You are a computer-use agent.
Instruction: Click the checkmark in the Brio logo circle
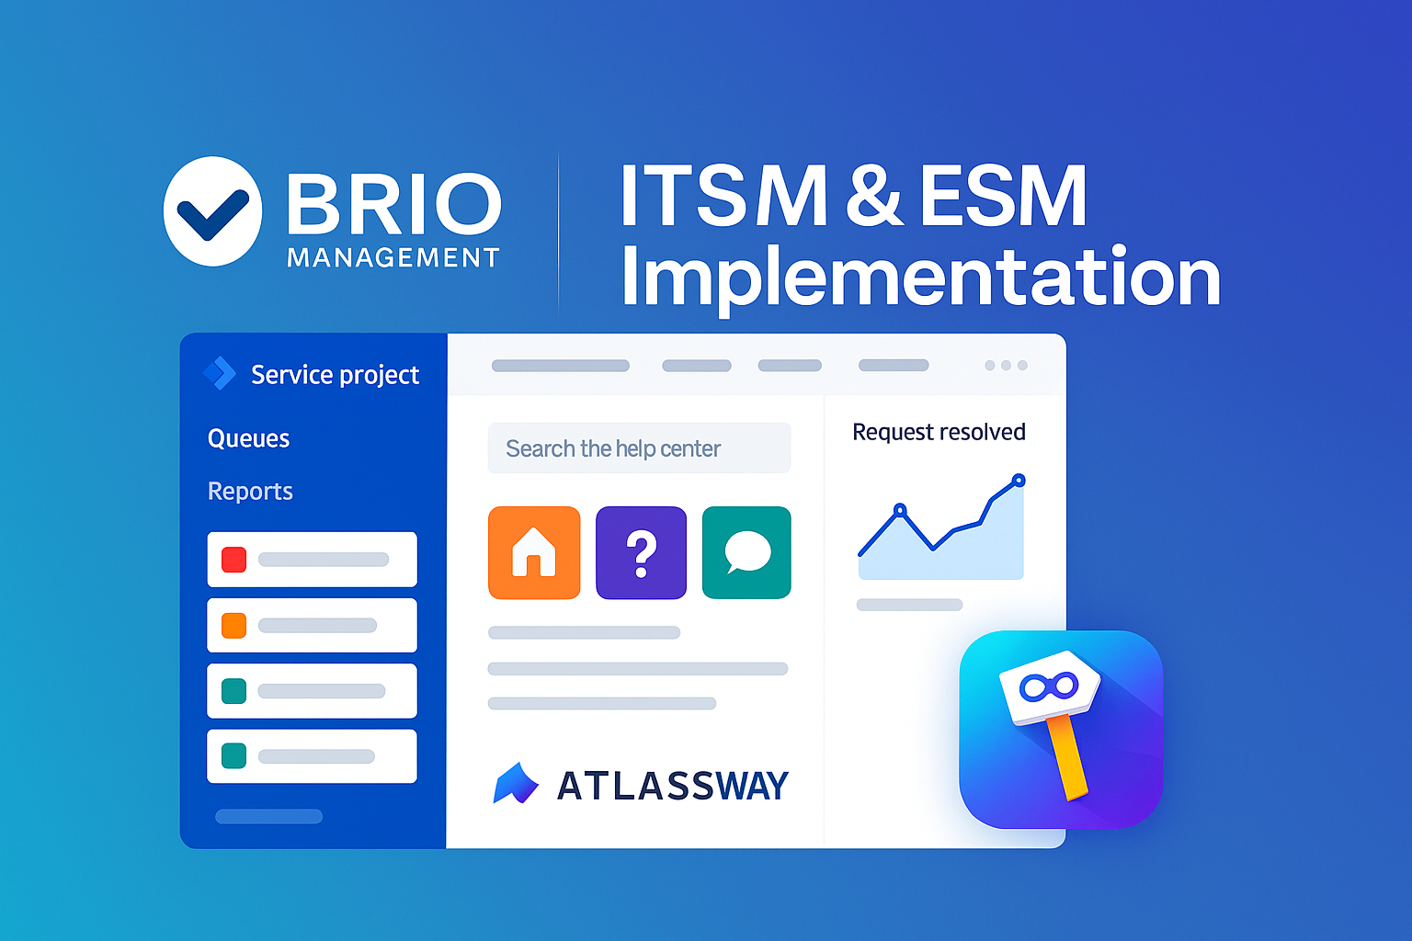click(x=212, y=214)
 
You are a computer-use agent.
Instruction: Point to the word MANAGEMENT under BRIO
click(x=393, y=257)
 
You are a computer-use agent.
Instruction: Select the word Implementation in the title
click(x=920, y=278)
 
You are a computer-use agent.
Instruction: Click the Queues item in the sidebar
click(x=248, y=438)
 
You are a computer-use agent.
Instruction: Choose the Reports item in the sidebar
click(x=250, y=491)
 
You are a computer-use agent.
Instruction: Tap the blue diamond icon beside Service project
click(x=220, y=373)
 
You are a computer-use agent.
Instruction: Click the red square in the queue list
click(x=233, y=560)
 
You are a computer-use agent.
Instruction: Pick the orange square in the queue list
click(x=233, y=625)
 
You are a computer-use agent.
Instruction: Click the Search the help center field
click(x=639, y=448)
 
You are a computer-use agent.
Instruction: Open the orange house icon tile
click(x=534, y=553)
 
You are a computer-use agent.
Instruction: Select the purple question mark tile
click(x=641, y=553)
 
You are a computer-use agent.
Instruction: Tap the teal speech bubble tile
click(x=747, y=553)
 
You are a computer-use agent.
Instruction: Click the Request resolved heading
click(x=939, y=432)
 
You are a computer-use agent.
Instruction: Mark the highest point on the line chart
click(x=1019, y=481)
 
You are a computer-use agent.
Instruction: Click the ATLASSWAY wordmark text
click(x=673, y=786)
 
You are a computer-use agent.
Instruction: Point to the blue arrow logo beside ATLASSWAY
click(x=516, y=784)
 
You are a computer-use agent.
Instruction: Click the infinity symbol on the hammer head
click(x=1049, y=687)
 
